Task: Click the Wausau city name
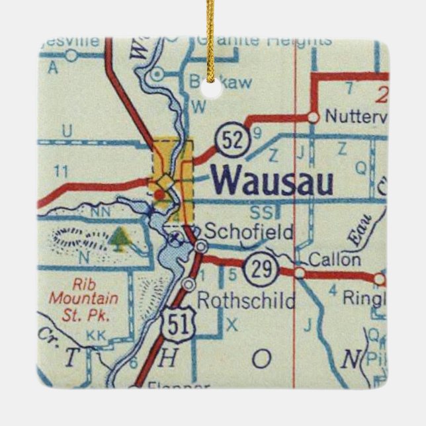[x=272, y=181]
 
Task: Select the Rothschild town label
[x=246, y=302]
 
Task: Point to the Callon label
[x=335, y=259]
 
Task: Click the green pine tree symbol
[x=120, y=239]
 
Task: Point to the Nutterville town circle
[x=313, y=117]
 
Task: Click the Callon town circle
[x=300, y=273]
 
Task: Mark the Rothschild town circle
[x=190, y=284]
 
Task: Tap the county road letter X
[x=231, y=323]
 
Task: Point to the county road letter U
[x=67, y=132]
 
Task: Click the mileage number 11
[x=62, y=172]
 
